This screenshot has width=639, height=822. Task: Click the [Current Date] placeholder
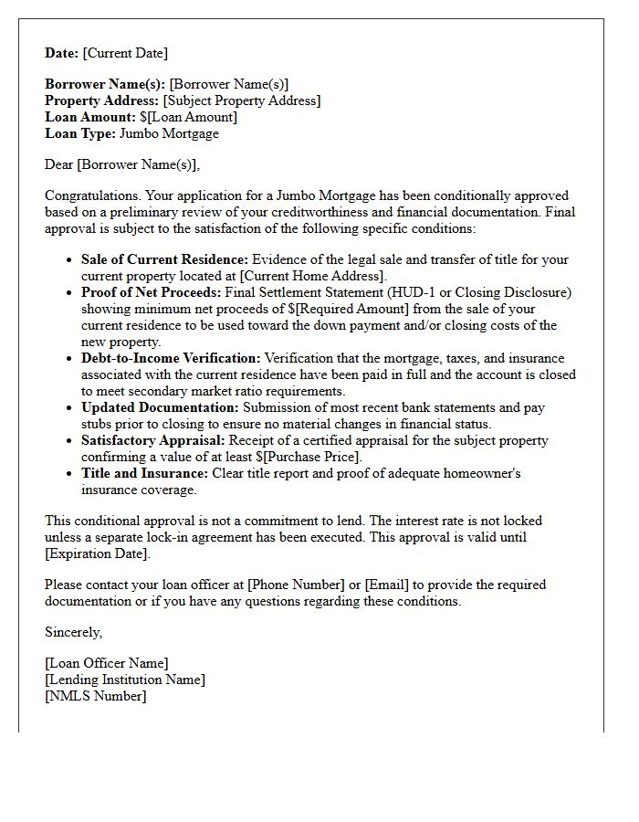click(x=125, y=53)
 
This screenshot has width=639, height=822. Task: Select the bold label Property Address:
click(x=101, y=100)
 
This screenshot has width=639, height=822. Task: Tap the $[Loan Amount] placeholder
click(x=188, y=117)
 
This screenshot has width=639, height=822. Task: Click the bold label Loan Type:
click(x=79, y=133)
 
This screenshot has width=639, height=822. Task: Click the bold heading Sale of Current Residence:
click(x=164, y=259)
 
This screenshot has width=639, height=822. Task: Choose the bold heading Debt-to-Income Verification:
click(x=171, y=358)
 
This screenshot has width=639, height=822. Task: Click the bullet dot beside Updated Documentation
click(x=70, y=408)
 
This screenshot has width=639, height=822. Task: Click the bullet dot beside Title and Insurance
click(x=70, y=474)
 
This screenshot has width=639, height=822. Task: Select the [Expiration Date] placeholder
click(x=96, y=553)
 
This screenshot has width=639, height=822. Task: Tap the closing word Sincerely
click(x=73, y=632)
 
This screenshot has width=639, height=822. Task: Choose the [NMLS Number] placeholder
click(x=95, y=696)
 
